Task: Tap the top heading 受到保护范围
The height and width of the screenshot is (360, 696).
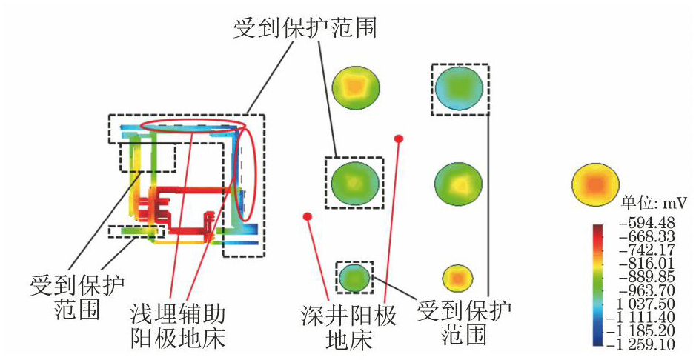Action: click(305, 28)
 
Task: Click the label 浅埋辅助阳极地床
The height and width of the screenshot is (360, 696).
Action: click(178, 327)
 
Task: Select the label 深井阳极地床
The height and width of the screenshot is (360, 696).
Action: click(348, 328)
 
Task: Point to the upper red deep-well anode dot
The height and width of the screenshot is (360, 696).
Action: click(399, 139)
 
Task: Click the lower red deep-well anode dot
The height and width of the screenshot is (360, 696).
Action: click(307, 216)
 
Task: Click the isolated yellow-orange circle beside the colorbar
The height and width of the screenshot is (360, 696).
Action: click(594, 184)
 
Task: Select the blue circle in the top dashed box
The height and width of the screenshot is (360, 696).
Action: click(459, 88)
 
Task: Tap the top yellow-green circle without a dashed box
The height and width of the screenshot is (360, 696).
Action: click(356, 86)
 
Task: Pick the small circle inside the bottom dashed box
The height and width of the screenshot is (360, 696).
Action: click(354, 277)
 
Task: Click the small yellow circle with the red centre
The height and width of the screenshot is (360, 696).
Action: click(457, 278)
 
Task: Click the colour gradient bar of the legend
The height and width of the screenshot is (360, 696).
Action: click(597, 285)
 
